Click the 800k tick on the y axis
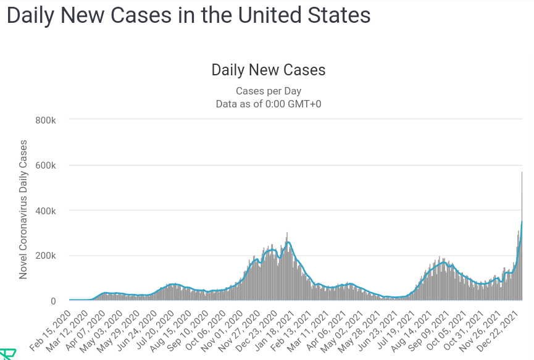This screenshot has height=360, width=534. click(x=45, y=120)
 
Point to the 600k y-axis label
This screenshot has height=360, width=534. click(x=45, y=165)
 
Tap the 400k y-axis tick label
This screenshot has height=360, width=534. click(x=45, y=211)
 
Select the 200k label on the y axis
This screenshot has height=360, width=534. click(x=45, y=256)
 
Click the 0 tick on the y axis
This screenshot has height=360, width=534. click(x=53, y=301)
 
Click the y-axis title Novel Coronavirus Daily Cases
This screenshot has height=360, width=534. click(x=23, y=209)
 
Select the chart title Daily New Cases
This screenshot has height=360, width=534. click(x=269, y=70)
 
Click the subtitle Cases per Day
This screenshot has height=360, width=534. click(x=269, y=91)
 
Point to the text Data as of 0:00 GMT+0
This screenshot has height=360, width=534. click(x=269, y=104)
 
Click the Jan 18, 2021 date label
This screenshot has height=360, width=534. click(x=275, y=330)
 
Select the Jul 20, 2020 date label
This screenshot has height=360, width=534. click(x=155, y=330)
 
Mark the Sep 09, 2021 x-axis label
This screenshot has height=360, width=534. click(x=429, y=330)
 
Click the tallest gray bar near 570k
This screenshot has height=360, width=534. click(x=522, y=236)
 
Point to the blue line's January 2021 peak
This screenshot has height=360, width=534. click(x=288, y=242)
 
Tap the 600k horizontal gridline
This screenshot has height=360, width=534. click(x=295, y=165)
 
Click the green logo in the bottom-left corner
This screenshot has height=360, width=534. click(x=7, y=354)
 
